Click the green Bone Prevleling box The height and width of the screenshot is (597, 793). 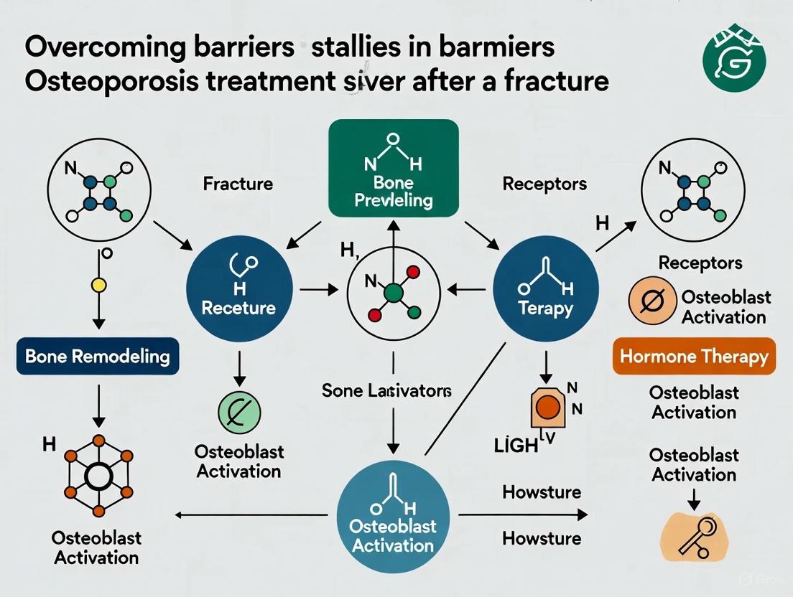tap(393, 168)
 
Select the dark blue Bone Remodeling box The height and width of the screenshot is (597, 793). tap(97, 355)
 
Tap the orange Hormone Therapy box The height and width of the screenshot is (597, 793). tap(694, 357)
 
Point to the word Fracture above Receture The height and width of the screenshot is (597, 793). tap(238, 184)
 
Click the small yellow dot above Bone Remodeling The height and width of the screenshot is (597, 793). tap(99, 285)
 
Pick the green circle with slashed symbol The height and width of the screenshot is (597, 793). tap(238, 410)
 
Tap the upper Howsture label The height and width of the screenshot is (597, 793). tap(542, 492)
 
